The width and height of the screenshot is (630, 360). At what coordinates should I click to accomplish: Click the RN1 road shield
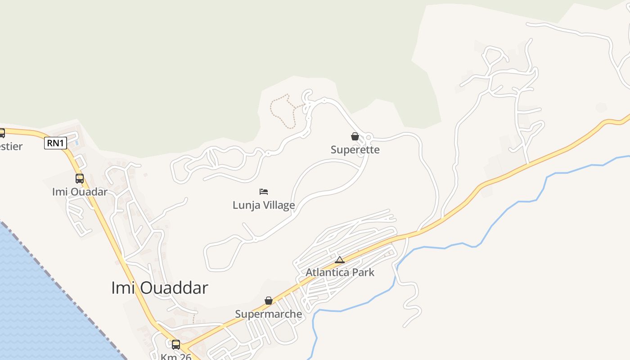56,143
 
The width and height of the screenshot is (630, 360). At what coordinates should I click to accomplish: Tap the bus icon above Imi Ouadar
80,179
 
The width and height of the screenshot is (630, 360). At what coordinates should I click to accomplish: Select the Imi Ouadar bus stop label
80,192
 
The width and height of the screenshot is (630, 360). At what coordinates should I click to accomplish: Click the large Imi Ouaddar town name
159,288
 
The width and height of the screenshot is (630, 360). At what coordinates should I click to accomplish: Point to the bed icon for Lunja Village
264,192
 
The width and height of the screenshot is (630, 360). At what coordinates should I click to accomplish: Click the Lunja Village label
264,205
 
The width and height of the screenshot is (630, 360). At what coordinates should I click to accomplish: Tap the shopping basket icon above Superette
355,136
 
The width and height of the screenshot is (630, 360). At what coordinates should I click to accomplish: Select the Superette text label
355,150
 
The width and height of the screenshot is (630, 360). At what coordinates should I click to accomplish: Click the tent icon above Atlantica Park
340,260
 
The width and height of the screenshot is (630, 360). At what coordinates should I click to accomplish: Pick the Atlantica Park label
340,272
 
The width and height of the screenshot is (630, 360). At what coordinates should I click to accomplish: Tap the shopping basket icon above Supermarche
269,301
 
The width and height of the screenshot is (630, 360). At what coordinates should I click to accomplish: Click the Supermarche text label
269,314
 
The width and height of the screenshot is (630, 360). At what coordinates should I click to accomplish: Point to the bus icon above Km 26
176,345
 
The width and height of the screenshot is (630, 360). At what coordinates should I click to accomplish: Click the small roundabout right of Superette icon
369,137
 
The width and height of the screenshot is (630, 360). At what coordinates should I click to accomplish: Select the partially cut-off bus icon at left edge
2,133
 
